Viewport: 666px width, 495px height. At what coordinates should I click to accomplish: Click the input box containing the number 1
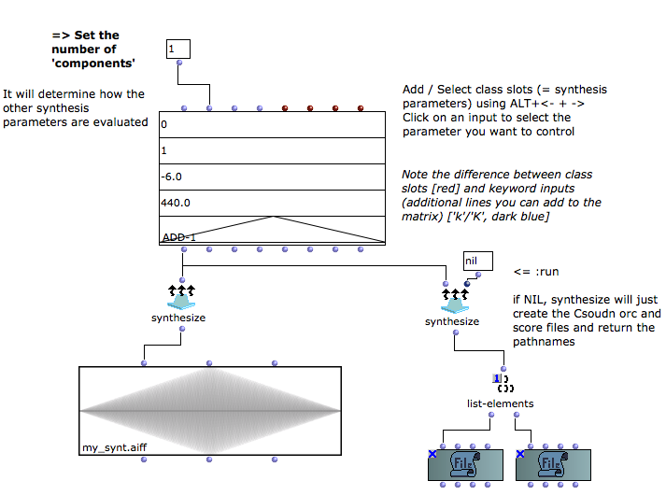[178, 49]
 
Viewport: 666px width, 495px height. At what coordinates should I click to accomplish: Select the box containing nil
[478, 261]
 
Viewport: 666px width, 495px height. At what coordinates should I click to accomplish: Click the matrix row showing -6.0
[272, 177]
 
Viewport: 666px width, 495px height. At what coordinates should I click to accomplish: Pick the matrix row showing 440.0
[272, 203]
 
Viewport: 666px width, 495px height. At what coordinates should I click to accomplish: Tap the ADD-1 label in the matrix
[178, 237]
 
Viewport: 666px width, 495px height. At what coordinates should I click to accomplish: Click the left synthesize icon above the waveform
[181, 297]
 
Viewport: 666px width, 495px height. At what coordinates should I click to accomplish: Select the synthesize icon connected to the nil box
[455, 301]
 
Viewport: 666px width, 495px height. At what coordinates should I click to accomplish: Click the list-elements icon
[503, 383]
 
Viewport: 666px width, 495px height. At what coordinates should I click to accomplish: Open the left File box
[465, 465]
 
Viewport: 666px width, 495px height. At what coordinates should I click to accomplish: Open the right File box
[553, 465]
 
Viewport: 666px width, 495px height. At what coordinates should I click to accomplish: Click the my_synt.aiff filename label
[114, 447]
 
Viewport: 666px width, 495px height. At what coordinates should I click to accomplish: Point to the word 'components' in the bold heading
[93, 64]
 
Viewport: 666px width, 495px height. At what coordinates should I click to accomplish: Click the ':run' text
[547, 272]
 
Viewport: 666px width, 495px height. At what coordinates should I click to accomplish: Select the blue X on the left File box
[432, 454]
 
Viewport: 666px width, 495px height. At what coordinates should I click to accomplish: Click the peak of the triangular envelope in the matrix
[274, 217]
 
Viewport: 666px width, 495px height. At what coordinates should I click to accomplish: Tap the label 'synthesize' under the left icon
[178, 318]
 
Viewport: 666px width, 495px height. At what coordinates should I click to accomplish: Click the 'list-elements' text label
[501, 403]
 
